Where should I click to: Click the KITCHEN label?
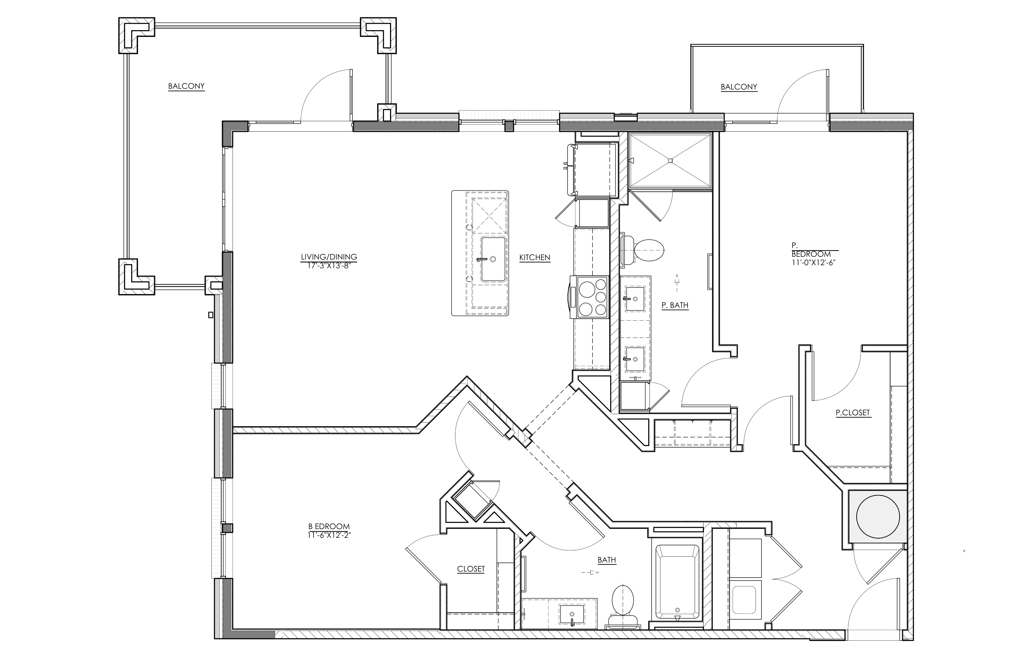coord(534,258)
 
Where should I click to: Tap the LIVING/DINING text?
coord(329,257)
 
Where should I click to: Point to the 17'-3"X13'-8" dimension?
coord(329,266)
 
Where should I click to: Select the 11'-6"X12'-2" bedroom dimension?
coord(329,535)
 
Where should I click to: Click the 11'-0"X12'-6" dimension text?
coord(813,262)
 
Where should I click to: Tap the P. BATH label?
coord(675,305)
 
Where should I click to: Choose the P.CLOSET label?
coord(853,413)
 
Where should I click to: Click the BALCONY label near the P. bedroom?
coord(739,87)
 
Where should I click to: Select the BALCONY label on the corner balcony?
coord(186,86)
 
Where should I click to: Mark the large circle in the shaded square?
coord(878,517)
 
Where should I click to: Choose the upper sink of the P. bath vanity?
coord(634,298)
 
